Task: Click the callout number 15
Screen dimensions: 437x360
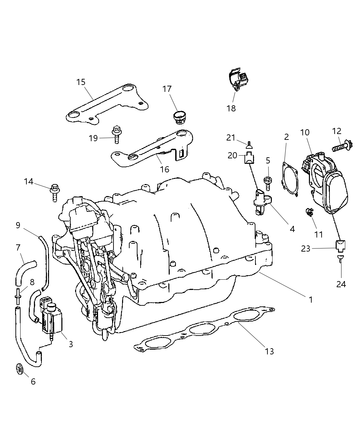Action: [81, 82]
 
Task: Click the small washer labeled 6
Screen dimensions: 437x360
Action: [20, 369]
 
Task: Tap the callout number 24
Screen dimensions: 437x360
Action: [341, 284]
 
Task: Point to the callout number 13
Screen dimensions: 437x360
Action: [269, 351]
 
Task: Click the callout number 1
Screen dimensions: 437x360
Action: [310, 300]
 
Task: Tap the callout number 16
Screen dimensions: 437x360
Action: [165, 169]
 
